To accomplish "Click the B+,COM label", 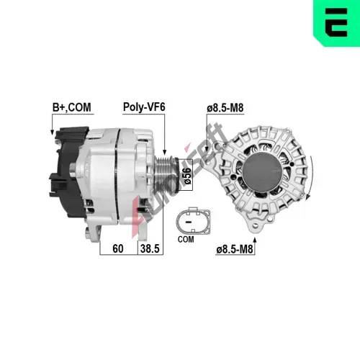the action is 72,107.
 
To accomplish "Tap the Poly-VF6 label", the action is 144,107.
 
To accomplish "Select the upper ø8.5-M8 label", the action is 225,108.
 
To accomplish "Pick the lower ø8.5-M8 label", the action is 235,249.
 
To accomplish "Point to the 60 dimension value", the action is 118,248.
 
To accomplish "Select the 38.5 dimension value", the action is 150,248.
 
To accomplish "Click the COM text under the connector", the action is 186,239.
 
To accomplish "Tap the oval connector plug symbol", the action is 193,221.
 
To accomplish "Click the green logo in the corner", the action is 336,23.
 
